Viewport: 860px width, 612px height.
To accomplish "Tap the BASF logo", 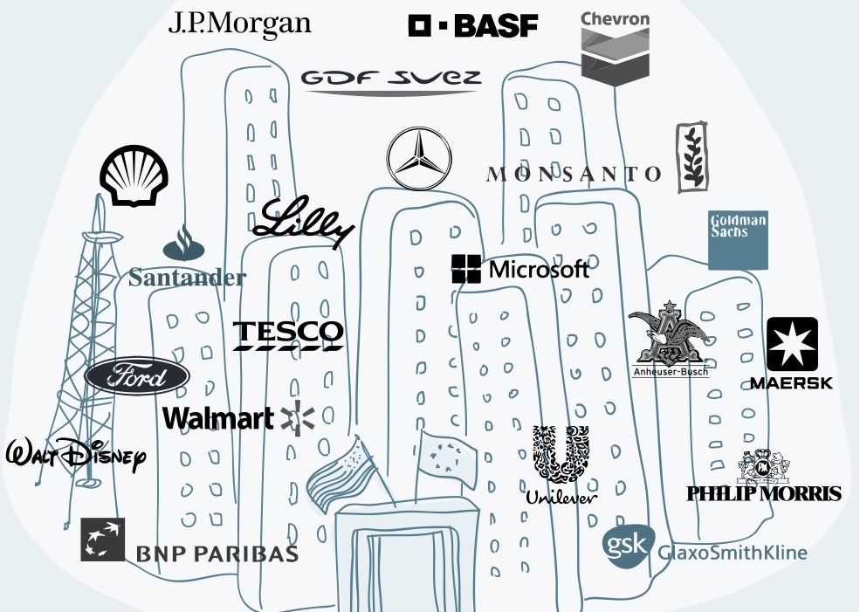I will click(472, 26).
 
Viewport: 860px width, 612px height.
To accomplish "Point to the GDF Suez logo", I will click(390, 80).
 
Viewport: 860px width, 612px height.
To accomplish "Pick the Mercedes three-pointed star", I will click(419, 158).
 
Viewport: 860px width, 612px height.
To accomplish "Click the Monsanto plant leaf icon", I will click(692, 157).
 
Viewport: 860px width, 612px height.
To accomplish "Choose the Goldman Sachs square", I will click(738, 239).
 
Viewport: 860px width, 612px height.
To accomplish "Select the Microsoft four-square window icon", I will click(466, 269).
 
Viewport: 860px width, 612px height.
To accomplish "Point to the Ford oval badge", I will click(137, 378).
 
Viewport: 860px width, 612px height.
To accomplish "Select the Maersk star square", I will click(791, 344).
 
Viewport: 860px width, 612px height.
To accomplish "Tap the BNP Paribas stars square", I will click(103, 540).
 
